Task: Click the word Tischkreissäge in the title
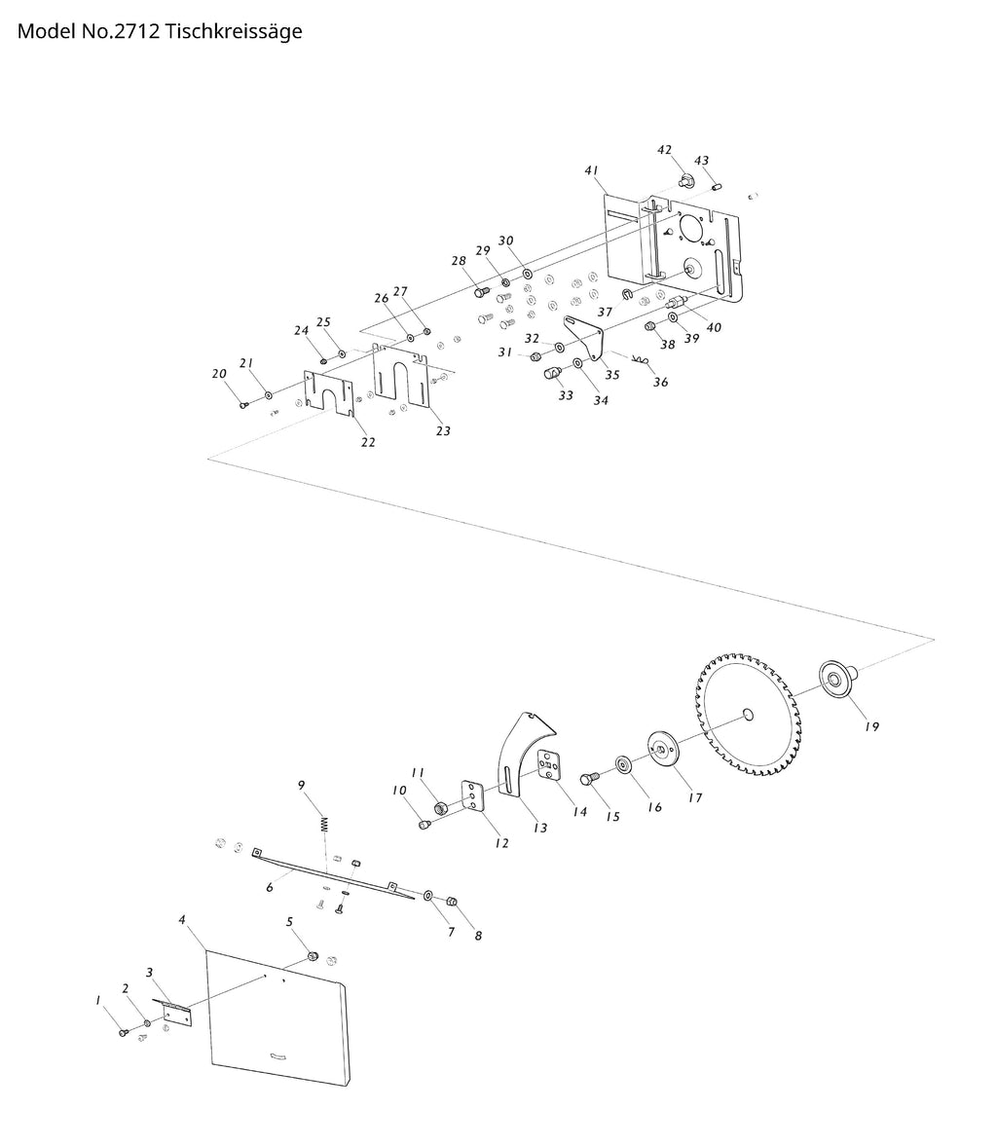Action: pyautogui.click(x=234, y=31)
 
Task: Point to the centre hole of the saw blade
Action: pyautogui.click(x=748, y=715)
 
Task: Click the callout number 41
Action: pyautogui.click(x=591, y=170)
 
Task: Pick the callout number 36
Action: pyautogui.click(x=660, y=383)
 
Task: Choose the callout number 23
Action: pyautogui.click(x=443, y=430)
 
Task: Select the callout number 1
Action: pyautogui.click(x=97, y=1000)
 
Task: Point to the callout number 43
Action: pyautogui.click(x=701, y=161)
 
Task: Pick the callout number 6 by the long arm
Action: pyautogui.click(x=269, y=887)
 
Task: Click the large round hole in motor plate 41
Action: pyautogui.click(x=693, y=226)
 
